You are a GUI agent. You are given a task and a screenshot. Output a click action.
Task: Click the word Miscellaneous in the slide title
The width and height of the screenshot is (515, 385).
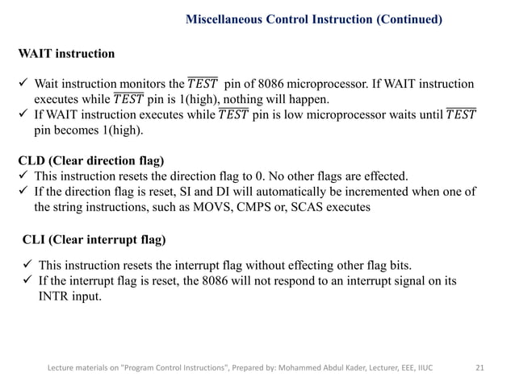(227, 19)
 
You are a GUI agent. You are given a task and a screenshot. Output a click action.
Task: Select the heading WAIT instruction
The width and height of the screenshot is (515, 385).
(66, 54)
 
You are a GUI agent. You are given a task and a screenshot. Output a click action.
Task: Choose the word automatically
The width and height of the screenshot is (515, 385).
(259, 191)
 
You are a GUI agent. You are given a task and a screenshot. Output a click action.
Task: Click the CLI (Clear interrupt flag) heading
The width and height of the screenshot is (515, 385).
(94, 240)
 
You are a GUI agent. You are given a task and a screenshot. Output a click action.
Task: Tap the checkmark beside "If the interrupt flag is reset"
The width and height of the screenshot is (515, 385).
(27, 281)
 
